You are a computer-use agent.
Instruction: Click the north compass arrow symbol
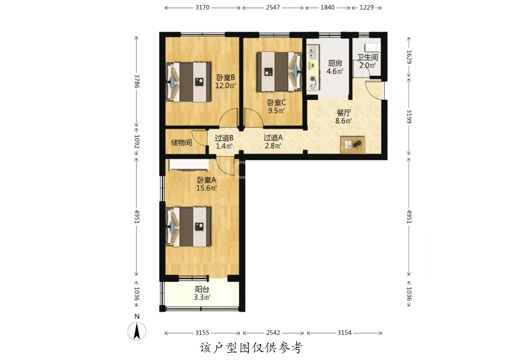137,331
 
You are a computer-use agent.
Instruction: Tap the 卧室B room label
226,78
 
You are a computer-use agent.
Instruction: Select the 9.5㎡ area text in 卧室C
276,111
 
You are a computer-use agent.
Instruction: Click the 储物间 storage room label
181,143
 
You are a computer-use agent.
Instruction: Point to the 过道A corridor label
273,137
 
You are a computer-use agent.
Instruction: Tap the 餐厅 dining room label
344,113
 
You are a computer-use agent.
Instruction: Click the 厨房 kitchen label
335,63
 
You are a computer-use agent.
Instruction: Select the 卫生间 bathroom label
367,58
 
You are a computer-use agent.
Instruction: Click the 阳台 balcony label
202,289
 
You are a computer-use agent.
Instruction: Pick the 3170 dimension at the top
202,7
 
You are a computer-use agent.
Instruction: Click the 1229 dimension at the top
366,7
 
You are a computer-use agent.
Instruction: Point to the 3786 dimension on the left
137,80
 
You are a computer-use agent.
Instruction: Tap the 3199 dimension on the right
409,116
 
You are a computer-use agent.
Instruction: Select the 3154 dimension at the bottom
344,333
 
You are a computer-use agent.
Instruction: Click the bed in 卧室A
189,226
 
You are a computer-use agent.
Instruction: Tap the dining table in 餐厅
353,145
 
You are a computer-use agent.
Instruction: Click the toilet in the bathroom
372,47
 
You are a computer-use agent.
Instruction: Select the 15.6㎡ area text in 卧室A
206,188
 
